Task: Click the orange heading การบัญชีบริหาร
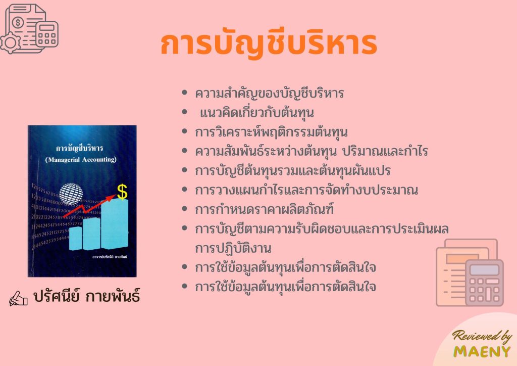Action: tap(269, 45)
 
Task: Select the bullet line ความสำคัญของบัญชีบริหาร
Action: tap(270, 94)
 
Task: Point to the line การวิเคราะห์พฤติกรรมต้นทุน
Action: tap(273, 132)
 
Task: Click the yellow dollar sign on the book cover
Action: tap(122, 191)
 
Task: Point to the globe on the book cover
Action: tap(71, 195)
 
